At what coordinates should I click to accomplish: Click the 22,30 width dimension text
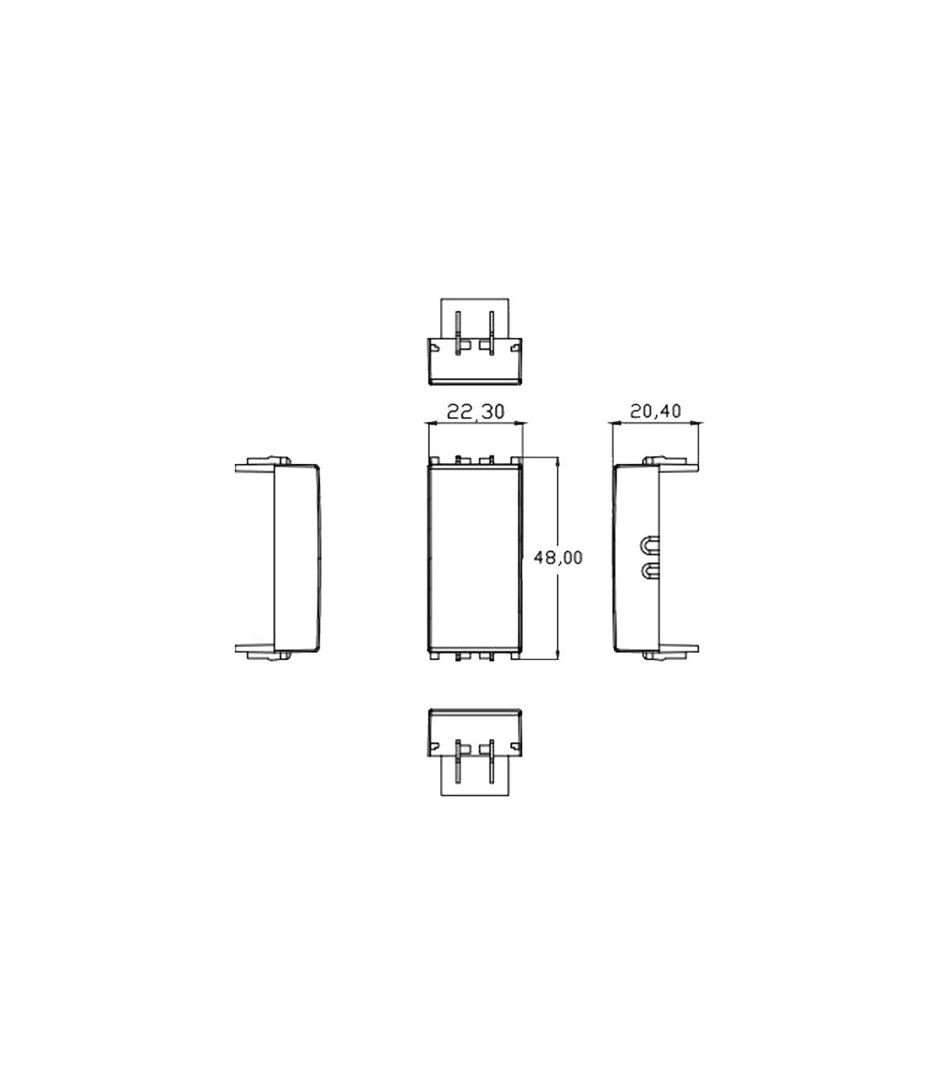475,412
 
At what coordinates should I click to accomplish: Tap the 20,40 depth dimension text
655,411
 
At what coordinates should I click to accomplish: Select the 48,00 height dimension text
558,557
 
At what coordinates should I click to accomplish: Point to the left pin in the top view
457,333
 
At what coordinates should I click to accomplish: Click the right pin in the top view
492,333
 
